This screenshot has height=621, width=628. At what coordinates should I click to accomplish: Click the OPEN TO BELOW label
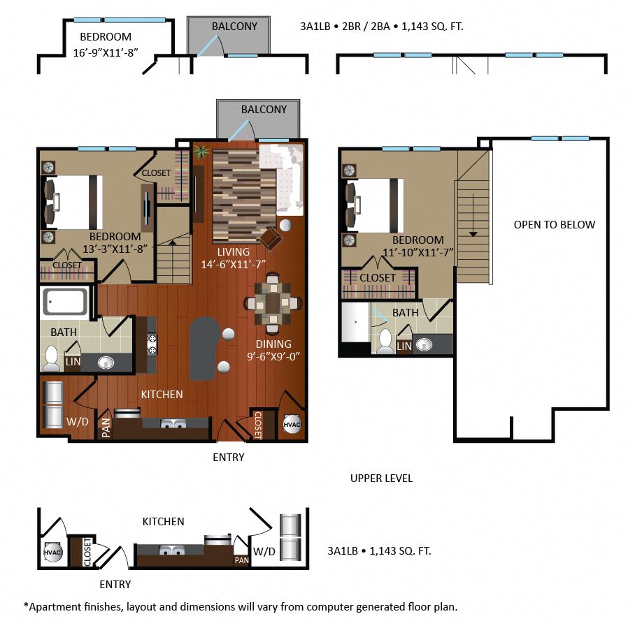click(554, 224)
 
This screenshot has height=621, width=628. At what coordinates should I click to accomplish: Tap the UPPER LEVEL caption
click(381, 478)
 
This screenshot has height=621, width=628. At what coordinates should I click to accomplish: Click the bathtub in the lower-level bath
click(65, 302)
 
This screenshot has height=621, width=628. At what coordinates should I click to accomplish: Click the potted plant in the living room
click(201, 151)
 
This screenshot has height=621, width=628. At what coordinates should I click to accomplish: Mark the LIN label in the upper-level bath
click(404, 346)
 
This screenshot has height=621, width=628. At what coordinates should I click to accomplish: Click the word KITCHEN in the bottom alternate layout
click(163, 521)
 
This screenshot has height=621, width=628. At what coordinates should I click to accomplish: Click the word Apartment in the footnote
click(52, 606)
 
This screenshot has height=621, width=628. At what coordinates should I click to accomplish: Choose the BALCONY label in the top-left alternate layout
click(234, 27)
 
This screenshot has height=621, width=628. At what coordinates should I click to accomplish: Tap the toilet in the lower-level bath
click(52, 358)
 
